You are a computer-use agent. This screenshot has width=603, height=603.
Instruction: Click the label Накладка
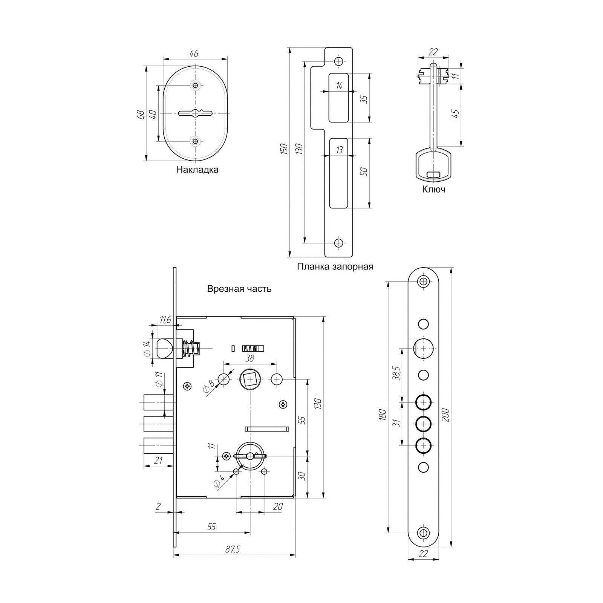coord(197,170)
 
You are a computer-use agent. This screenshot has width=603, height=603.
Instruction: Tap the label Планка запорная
coord(335,267)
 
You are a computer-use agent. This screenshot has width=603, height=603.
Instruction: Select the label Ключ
coord(434,189)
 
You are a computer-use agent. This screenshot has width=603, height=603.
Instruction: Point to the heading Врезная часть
coord(239,289)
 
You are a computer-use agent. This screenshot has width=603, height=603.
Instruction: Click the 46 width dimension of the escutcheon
coord(194,54)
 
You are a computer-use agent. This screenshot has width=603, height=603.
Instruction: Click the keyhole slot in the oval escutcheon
coord(195,113)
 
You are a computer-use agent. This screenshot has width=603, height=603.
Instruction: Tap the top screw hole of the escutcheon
coord(195,86)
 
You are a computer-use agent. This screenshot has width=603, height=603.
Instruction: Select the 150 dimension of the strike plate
coord(285,149)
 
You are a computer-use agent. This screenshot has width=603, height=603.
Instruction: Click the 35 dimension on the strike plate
coord(364,99)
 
